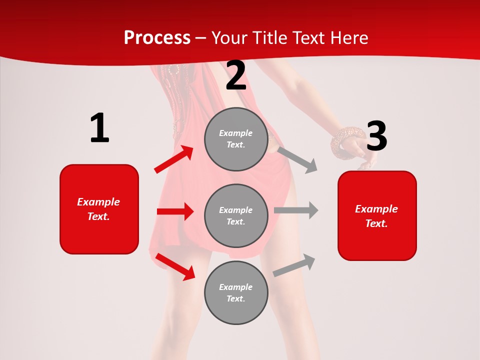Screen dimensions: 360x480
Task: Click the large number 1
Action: pos(99,128)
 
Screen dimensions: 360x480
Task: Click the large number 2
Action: pos(236,76)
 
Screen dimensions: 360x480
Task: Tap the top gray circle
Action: pos(236,139)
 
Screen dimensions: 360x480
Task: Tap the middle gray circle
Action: pos(236,215)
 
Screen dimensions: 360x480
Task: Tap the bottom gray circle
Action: pos(236,292)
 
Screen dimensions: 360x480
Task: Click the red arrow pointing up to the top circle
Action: pos(174,159)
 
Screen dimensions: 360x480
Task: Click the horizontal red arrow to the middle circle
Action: pos(175,211)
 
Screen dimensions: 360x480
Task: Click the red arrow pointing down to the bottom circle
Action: pos(175,266)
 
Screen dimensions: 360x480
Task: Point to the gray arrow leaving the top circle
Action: pos(297,159)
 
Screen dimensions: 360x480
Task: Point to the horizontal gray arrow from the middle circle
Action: pos(296,210)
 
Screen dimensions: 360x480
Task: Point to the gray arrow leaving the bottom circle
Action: pos(294,265)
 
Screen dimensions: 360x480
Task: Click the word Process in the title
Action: pos(157,37)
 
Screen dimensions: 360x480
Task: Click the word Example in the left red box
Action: pos(98,202)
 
